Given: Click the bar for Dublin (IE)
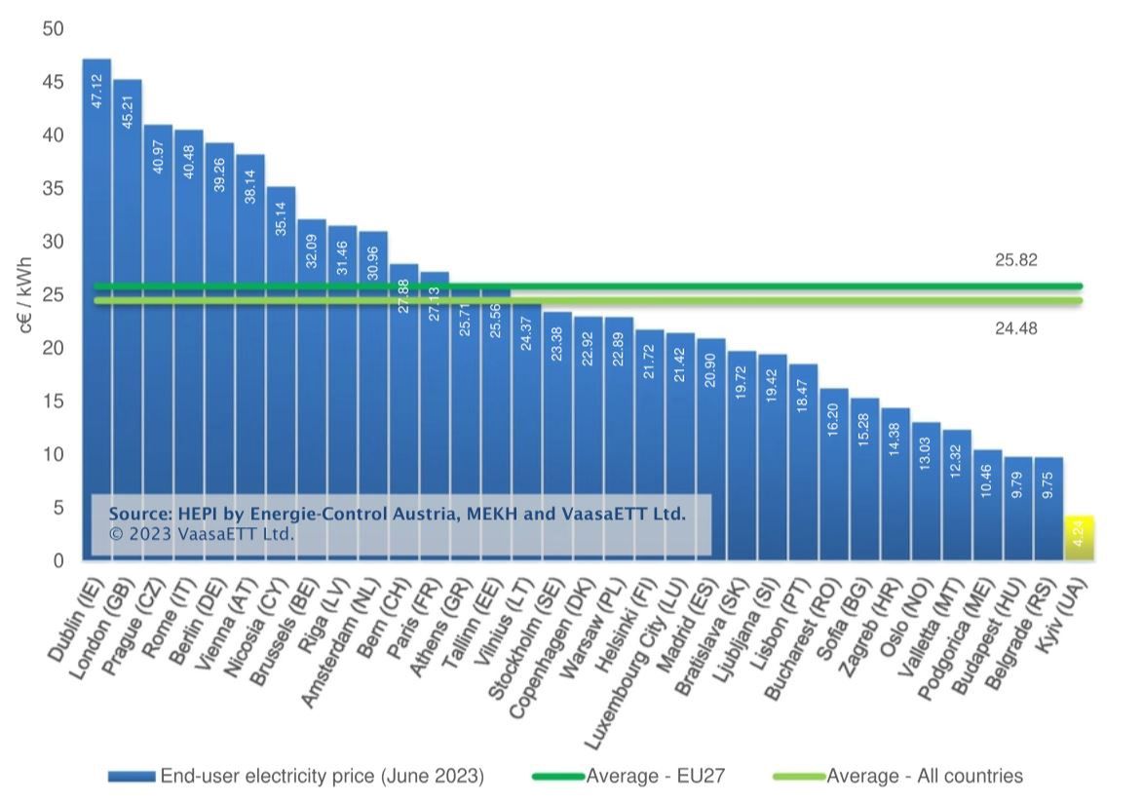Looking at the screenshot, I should pos(96,292).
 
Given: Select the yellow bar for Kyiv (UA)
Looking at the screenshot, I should pos(1079,539).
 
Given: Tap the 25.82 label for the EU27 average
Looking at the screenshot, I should pos(1015,261).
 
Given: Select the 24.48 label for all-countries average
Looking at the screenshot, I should pos(1015,329).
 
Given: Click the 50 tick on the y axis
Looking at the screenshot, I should pos(53,29).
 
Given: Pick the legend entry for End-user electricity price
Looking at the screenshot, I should pos(322,777).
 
